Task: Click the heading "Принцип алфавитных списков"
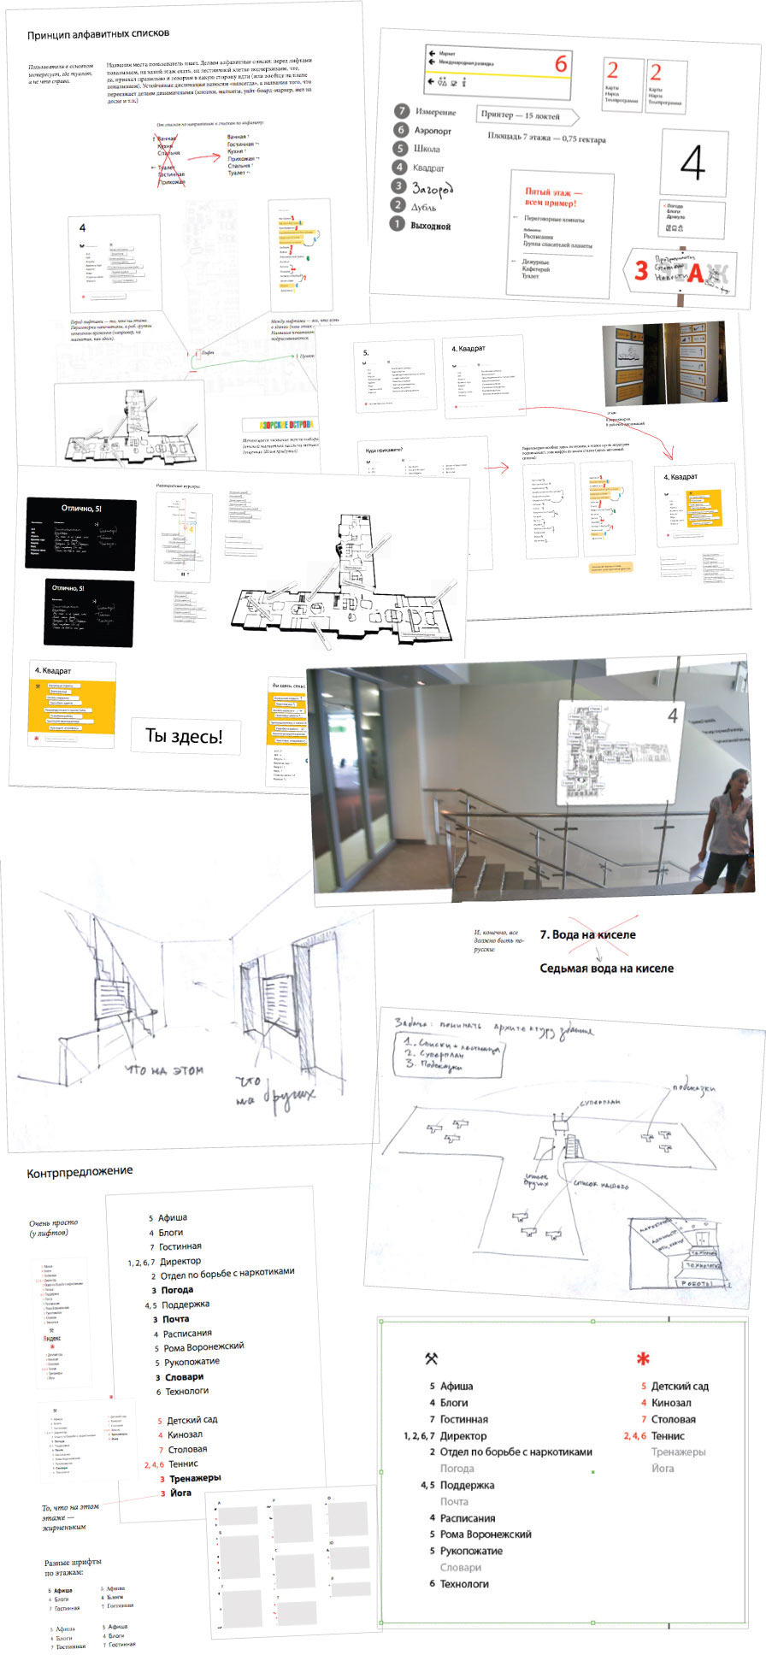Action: click(98, 34)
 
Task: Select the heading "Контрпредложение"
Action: click(80, 1170)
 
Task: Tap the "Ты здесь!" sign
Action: click(184, 736)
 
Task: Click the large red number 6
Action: click(561, 64)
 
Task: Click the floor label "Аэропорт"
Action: click(433, 131)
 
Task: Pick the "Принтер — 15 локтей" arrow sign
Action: click(525, 115)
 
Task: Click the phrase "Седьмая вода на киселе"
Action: click(606, 969)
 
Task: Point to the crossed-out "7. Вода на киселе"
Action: click(587, 934)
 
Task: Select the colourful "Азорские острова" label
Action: click(279, 425)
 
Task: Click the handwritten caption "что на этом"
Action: click(164, 1069)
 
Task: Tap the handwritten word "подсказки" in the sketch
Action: click(693, 1089)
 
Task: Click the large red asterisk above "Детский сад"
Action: click(643, 1358)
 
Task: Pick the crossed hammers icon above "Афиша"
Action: click(432, 1358)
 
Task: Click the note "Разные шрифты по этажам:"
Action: click(76, 1567)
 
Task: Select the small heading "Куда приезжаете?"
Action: click(383, 450)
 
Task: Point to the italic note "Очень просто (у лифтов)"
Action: click(53, 1228)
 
